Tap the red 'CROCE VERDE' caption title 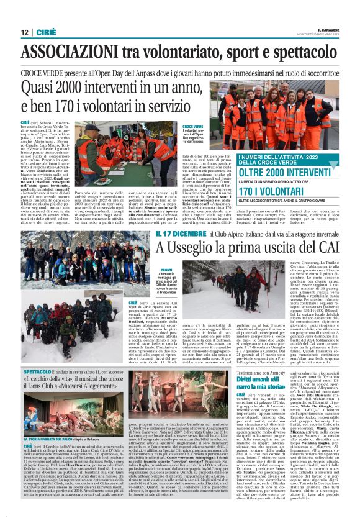[192, 126]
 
